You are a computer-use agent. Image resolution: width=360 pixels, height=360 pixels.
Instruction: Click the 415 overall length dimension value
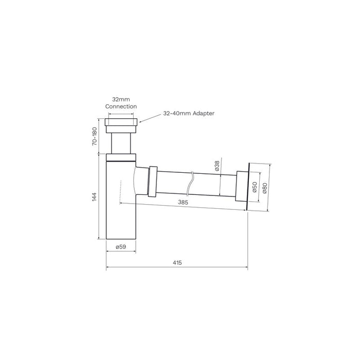177,262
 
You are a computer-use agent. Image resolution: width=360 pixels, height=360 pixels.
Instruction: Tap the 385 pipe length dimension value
183,202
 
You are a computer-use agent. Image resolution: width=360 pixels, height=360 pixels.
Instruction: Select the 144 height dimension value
94,197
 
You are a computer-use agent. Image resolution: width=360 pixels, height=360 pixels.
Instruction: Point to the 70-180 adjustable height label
94,136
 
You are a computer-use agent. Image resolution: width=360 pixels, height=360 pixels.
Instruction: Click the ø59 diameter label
121,247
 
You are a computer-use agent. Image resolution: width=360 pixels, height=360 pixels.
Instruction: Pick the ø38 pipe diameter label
217,166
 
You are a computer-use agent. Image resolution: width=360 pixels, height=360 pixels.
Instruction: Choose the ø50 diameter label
255,187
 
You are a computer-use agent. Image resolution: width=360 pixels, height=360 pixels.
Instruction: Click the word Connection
121,106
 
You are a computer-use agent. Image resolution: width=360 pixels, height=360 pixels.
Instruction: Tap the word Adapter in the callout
204,113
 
